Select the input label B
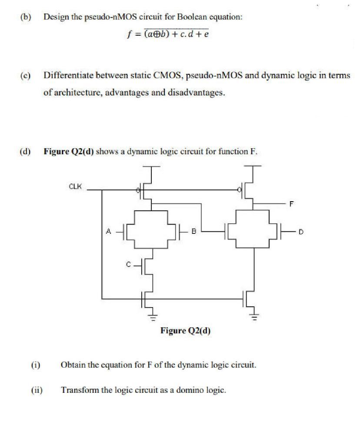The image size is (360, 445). click(194, 232)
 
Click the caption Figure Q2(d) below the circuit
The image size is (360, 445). click(185, 331)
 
